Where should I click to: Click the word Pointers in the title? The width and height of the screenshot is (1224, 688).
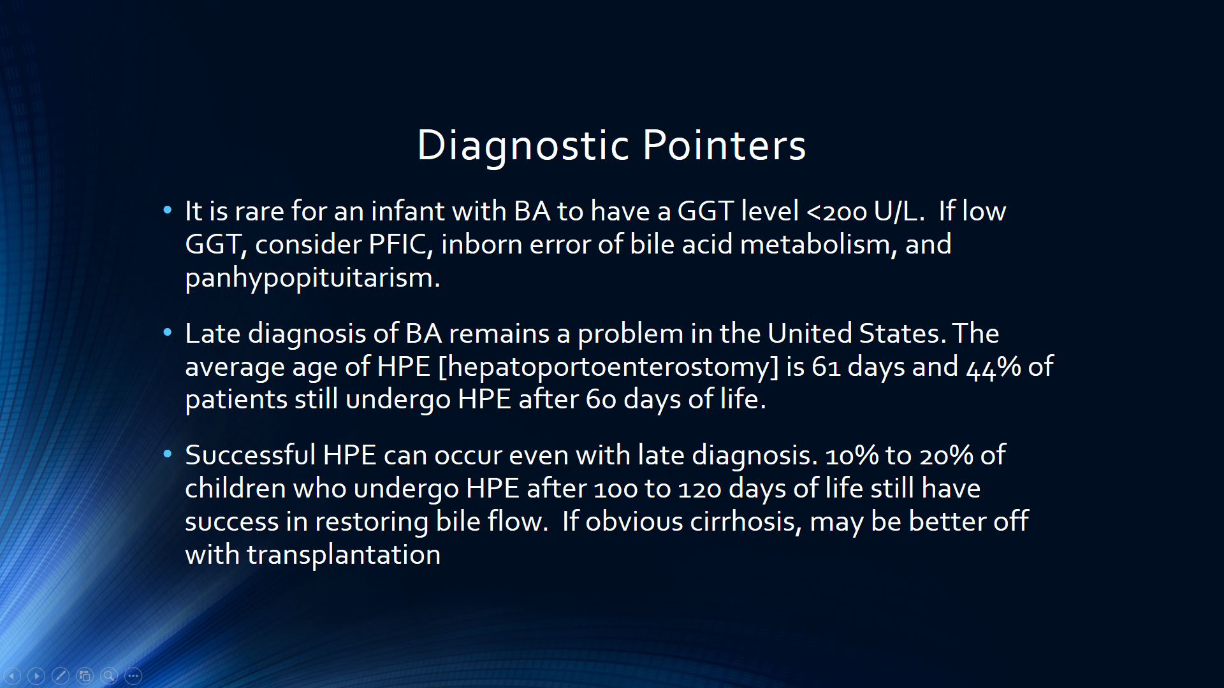coord(724,145)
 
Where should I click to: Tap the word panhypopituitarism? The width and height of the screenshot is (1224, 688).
coord(312,278)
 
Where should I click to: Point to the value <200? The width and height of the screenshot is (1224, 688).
coord(836,211)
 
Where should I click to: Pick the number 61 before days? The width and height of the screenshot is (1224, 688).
coord(826,367)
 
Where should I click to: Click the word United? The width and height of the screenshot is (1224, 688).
coord(810,333)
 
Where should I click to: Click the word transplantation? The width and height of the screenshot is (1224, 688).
coord(344,554)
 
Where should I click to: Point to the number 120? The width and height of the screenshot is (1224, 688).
coord(699,489)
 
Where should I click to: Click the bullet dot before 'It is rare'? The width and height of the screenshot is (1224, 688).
coord(168,210)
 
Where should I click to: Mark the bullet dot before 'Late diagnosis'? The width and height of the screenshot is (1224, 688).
coord(168,332)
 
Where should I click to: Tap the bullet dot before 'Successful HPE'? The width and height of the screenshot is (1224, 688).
coord(168,454)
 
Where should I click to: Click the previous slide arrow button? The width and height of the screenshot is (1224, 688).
coord(12,675)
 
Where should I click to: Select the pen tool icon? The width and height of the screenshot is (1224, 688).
coord(61,675)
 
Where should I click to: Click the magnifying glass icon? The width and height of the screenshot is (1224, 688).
coord(109,675)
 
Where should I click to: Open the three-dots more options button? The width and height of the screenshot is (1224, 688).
coord(133,675)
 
